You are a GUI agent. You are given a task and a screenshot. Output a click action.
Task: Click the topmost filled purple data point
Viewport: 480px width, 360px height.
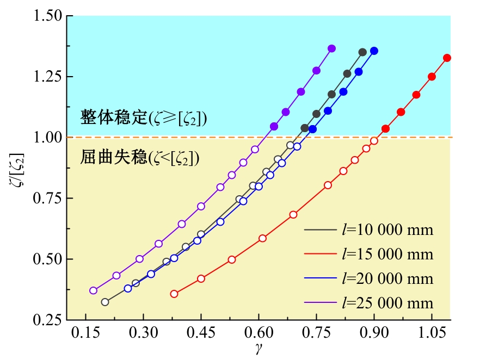coord(332,48)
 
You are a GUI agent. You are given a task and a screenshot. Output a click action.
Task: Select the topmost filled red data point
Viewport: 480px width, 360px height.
coord(447,58)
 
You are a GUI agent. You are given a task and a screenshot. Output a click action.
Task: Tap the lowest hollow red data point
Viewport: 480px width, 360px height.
coord(174,294)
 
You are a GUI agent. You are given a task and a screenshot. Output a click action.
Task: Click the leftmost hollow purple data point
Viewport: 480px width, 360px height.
coord(94,290)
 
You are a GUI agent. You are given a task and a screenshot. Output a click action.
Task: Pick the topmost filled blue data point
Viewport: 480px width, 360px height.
coord(374,51)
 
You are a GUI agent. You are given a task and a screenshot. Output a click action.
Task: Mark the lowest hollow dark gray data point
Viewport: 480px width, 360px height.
coord(105,302)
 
